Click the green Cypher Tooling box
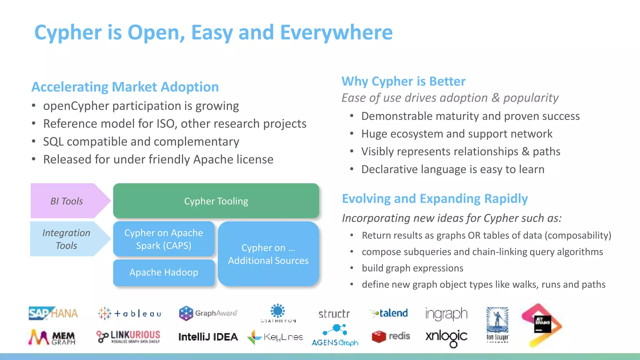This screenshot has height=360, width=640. pos(216,201)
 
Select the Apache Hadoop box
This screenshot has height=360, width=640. pos(164,272)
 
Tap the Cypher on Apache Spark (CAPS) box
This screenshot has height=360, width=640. pos(164,239)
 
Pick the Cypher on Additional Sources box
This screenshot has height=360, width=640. pos(268,254)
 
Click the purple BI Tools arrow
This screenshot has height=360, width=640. pos(67,201)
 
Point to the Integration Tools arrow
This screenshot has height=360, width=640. pos(67,239)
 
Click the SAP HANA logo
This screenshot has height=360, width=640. pos(53,313)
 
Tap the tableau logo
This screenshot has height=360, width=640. pos(130,313)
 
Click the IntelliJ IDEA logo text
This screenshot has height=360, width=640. pos(208,337)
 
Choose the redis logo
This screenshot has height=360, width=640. pos(391,336)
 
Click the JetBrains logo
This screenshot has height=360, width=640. pos(542,325)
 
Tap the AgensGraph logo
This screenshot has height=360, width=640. pos(335,336)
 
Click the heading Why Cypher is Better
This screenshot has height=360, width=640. pos(403,81)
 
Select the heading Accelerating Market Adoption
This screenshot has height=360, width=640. pos(125,87)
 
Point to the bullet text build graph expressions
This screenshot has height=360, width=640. pos(412,268)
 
